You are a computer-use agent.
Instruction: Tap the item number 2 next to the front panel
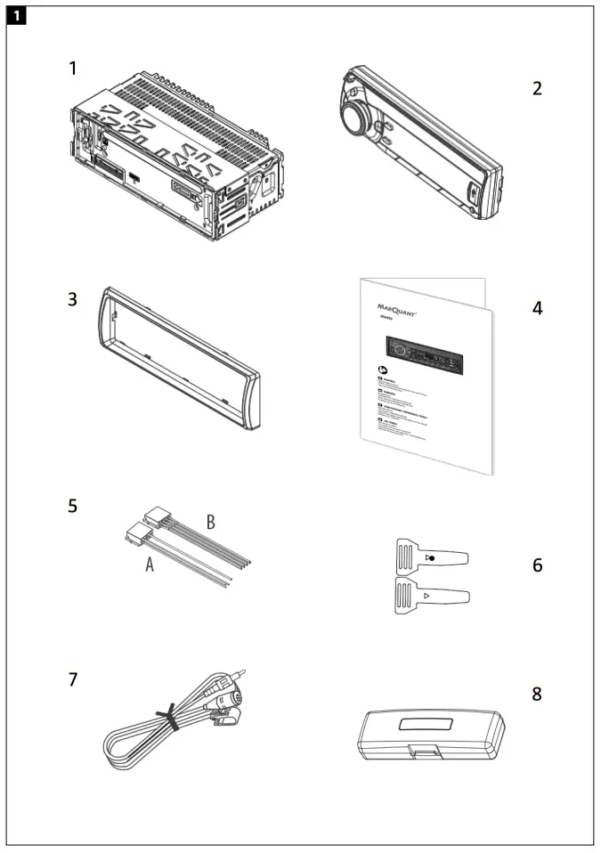(x=537, y=88)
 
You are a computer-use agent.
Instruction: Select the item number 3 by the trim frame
(x=73, y=299)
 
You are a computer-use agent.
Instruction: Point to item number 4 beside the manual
(x=537, y=309)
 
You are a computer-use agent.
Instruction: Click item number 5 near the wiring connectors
(x=73, y=506)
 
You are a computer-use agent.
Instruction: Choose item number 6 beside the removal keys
(x=537, y=565)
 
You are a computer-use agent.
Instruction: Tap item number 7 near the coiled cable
(x=73, y=680)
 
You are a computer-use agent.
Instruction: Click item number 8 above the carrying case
(x=537, y=693)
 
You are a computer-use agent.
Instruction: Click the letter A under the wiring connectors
(x=150, y=565)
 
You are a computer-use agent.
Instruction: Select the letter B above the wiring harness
(x=211, y=522)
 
